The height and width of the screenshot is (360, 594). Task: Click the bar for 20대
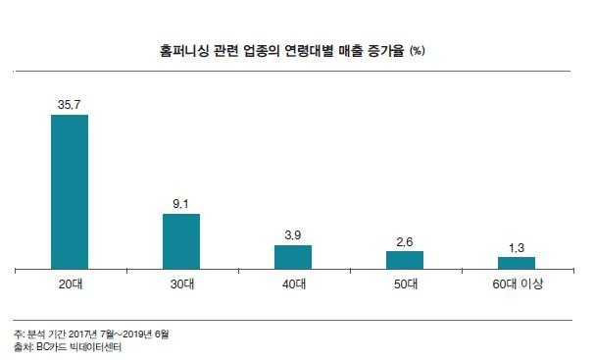pyautogui.click(x=70, y=191)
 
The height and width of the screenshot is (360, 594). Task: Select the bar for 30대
pyautogui.click(x=181, y=240)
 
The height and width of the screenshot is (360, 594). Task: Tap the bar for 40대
pyautogui.click(x=293, y=256)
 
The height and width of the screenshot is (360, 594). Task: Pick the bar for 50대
pyautogui.click(x=405, y=259)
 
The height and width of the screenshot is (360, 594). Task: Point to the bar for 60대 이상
pyautogui.click(x=517, y=262)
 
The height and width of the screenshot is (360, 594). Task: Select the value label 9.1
pyautogui.click(x=181, y=203)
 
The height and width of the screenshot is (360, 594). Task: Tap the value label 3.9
pyautogui.click(x=293, y=234)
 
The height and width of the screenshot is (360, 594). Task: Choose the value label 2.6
pyautogui.click(x=405, y=240)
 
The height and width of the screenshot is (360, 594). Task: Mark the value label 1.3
pyautogui.click(x=517, y=246)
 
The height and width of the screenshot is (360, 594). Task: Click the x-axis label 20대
pyautogui.click(x=70, y=284)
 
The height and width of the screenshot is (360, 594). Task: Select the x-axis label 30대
pyautogui.click(x=181, y=284)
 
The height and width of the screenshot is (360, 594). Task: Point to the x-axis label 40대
pyautogui.click(x=293, y=284)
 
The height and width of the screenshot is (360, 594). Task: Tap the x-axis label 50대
pyautogui.click(x=405, y=284)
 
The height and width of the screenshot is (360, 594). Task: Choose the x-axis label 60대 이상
pyautogui.click(x=517, y=284)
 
